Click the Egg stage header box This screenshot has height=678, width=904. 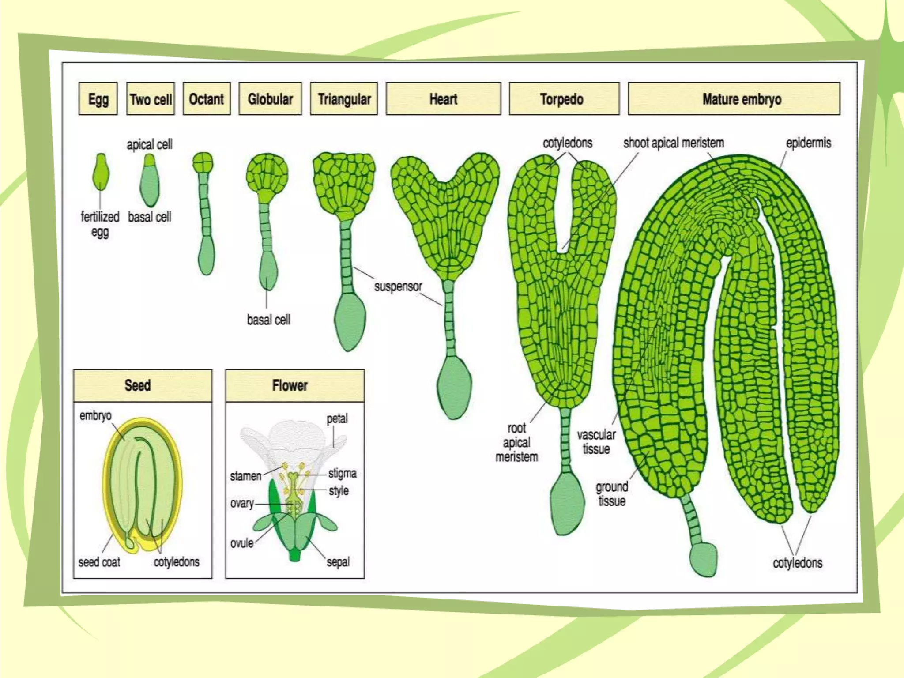tap(98, 99)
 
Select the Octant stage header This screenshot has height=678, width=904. tap(207, 99)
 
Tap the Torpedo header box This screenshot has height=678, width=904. tap(564, 99)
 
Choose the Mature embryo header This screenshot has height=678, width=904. tap(734, 99)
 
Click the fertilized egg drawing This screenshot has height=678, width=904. tap(101, 172)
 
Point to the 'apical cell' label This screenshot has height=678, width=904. tap(149, 144)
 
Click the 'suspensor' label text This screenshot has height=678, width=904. tap(398, 286)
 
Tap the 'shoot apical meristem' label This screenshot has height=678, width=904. tap(674, 143)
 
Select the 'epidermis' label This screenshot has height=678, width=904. tap(808, 143)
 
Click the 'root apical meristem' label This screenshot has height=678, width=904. tap(516, 442)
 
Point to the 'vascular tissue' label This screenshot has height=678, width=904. tap(596, 442)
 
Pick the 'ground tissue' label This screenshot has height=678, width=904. tap(612, 494)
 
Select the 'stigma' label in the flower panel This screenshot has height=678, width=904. tap(342, 473)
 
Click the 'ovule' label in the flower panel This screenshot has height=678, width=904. tap(242, 543)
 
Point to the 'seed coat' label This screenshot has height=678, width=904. tap(99, 562)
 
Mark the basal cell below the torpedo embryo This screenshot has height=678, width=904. tap(567, 503)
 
